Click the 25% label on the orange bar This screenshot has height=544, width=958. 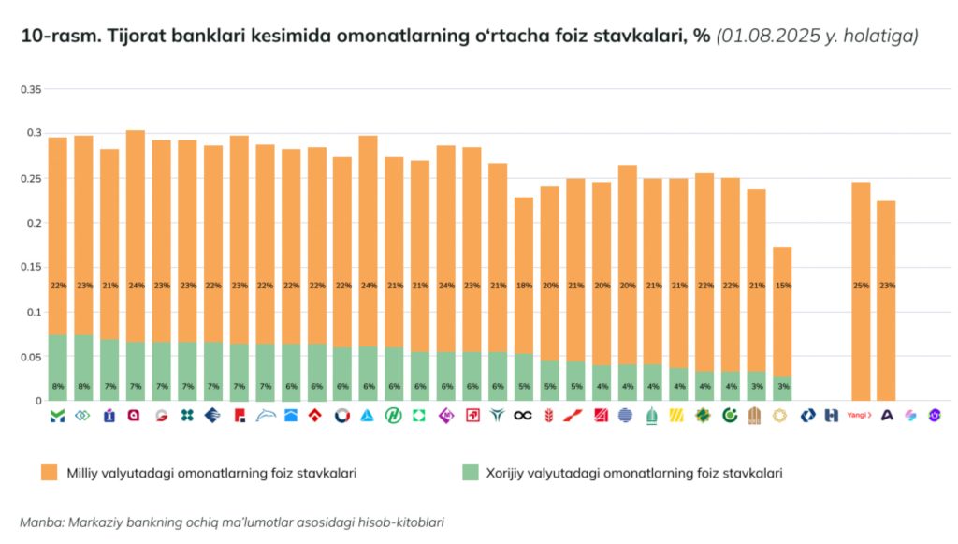[861, 286]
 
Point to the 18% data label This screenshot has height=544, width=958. [524, 286]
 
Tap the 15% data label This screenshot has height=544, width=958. [783, 286]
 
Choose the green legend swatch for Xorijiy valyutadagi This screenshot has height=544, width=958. [472, 473]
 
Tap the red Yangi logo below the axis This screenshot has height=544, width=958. [859, 415]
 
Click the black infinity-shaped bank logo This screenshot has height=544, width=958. [523, 415]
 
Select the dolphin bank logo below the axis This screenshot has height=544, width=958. [265, 415]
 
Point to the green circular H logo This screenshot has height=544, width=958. [394, 415]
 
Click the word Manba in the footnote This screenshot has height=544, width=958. [40, 522]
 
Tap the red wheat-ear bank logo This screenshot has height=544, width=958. [549, 415]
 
